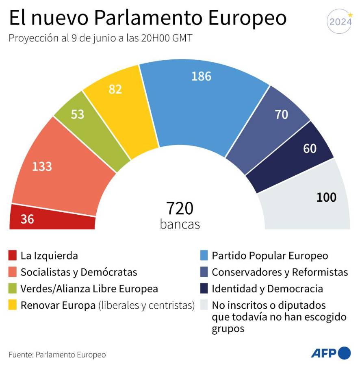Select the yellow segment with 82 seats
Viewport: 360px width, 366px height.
118,110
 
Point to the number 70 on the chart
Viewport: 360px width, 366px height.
281,115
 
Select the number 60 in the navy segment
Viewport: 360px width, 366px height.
310,149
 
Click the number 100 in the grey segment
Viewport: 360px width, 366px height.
326,198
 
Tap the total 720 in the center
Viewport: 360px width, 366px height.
180,208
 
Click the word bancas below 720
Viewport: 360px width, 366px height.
180,224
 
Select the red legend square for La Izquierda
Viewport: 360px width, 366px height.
13,256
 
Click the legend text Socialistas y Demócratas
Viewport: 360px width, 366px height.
79,272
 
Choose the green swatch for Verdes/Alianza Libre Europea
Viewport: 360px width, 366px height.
13,289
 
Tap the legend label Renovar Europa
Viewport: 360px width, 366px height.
58,305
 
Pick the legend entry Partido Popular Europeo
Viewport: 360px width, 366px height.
270,256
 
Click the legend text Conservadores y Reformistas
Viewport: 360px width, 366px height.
280,272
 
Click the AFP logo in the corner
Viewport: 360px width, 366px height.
330,353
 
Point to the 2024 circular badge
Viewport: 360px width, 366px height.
340,22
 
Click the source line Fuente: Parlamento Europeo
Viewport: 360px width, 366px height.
57,355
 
